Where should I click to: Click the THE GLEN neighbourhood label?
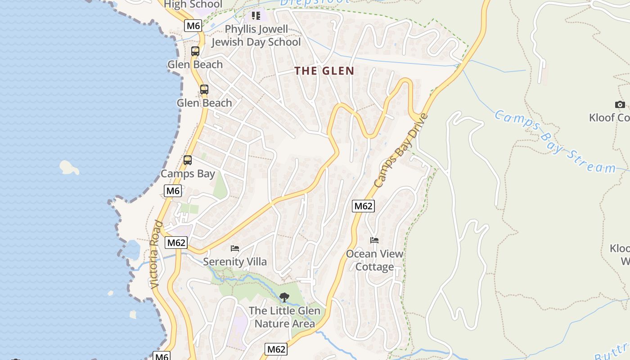324,71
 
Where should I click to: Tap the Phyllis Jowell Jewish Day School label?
256,36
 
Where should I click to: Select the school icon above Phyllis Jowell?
256,16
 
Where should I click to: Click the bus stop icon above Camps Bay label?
188,160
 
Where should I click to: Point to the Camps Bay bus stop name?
188,174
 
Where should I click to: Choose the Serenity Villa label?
234,261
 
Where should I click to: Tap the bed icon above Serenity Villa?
234,248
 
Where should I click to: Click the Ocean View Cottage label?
374,260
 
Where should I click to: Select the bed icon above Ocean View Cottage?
374,240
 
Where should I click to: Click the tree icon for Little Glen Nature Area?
284,297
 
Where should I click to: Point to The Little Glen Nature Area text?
284,317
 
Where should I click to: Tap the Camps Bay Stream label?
555,142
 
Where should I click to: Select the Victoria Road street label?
155,254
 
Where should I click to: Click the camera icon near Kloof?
620,104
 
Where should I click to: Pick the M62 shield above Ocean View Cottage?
363,206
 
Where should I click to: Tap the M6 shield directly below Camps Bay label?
173,191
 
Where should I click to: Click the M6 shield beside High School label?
193,26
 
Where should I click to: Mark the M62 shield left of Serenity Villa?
175,243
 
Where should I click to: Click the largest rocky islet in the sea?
69,167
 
